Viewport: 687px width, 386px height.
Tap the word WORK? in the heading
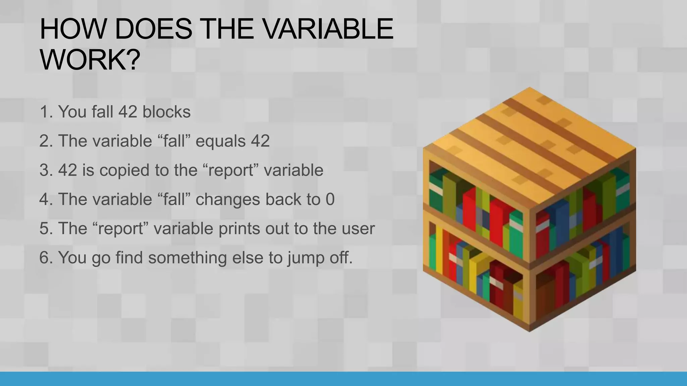pos(90,60)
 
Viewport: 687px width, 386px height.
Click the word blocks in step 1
pos(166,112)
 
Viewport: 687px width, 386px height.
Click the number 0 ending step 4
pos(330,199)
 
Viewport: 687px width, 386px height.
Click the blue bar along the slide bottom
pos(343,379)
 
